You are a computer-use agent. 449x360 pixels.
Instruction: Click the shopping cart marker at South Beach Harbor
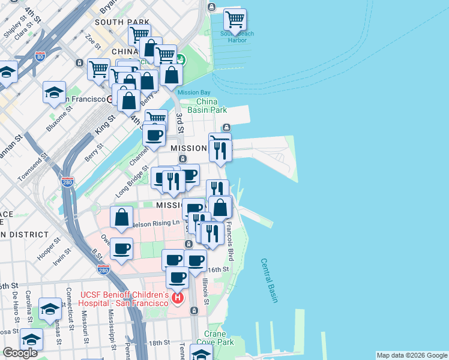tap(235, 19)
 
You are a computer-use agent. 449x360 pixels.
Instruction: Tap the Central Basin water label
tap(268, 280)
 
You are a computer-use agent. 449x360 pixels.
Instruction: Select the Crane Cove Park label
tap(215, 338)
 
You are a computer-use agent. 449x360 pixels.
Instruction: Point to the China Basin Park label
tap(207, 106)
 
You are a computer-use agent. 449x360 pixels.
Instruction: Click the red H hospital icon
tap(177, 298)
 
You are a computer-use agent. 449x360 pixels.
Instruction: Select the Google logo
tap(20, 353)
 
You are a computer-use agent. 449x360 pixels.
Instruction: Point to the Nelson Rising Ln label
tap(155, 223)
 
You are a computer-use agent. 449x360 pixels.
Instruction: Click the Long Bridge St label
tap(131, 182)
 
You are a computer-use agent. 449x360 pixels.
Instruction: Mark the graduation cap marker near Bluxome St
tap(54, 92)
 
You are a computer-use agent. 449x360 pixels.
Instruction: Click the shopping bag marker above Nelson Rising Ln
tap(121, 217)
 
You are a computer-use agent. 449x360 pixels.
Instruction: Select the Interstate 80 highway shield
tap(40, 57)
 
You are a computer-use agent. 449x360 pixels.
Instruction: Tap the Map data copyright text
tap(411, 355)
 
